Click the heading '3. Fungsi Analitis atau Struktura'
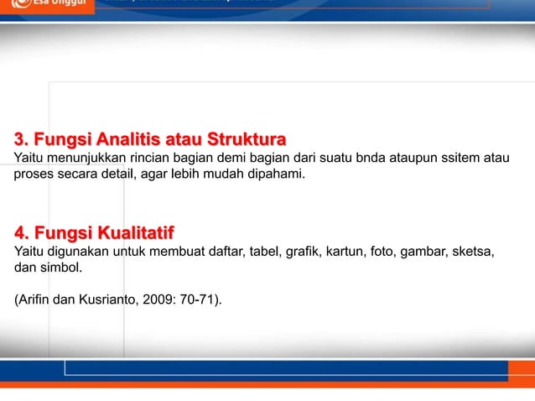tap(150, 138)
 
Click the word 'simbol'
tap(64, 270)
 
